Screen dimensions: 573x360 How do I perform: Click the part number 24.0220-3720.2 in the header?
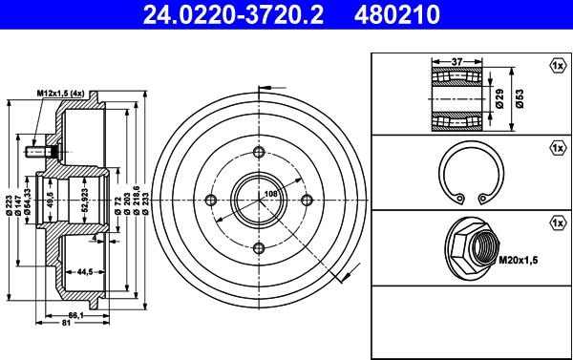tap(233, 14)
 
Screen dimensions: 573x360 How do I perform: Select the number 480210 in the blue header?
tap(397, 14)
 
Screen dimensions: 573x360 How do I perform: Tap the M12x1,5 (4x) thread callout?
tap(60, 94)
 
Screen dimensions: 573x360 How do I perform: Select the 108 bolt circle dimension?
tap(271, 194)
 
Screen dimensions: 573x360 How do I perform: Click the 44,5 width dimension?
tap(84, 271)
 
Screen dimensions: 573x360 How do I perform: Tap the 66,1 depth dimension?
tap(76, 315)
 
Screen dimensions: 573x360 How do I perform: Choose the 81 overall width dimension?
tap(66, 323)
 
